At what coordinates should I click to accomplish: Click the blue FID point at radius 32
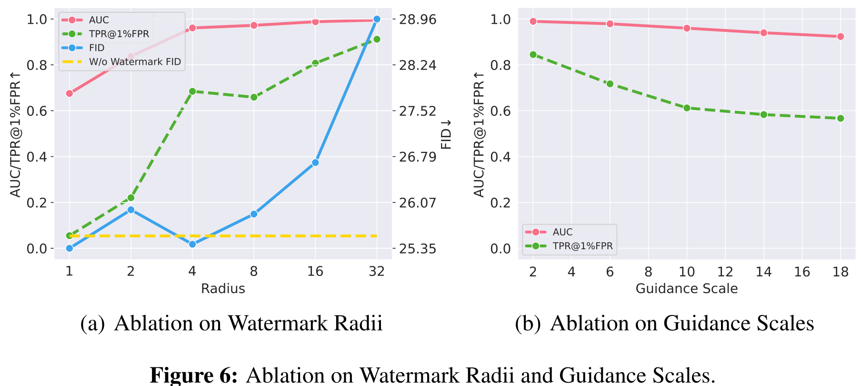(377, 19)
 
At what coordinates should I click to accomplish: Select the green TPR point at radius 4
(192, 91)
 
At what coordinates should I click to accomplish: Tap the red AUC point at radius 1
(70, 93)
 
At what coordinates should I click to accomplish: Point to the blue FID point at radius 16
(315, 163)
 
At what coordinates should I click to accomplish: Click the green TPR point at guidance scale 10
(687, 108)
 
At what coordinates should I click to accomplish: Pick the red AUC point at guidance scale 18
(841, 37)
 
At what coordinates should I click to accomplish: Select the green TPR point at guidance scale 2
(533, 55)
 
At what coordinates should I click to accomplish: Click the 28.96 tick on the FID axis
(417, 20)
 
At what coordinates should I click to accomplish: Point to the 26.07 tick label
(417, 203)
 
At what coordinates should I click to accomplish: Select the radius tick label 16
(315, 272)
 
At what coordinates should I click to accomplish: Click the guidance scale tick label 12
(725, 272)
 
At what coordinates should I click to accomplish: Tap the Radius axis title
(223, 288)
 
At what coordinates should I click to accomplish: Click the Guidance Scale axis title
(687, 288)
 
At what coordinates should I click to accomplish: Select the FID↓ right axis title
(446, 134)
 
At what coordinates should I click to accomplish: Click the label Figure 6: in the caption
(193, 375)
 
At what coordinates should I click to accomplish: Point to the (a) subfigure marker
(92, 324)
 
